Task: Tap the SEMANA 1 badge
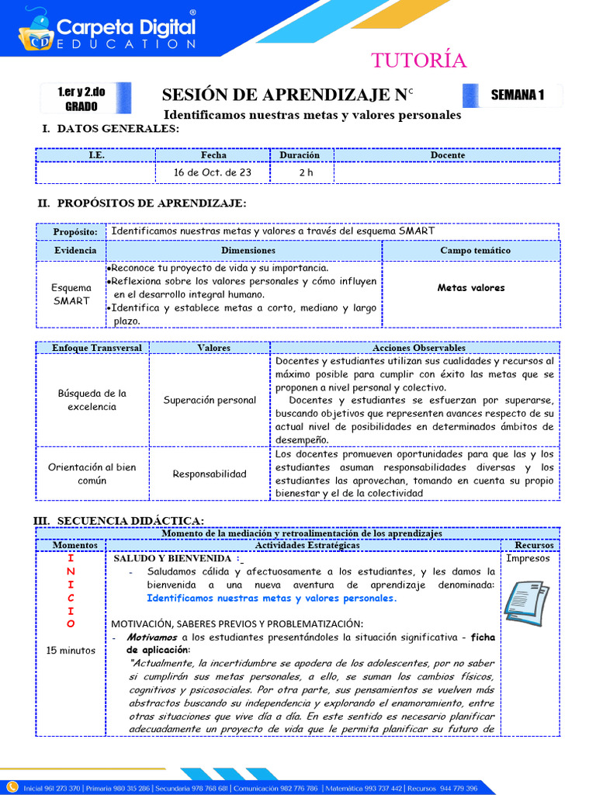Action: pos(517,95)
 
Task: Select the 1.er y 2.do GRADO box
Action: pos(81,99)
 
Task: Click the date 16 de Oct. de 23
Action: pos(213,172)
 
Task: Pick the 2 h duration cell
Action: pos(305,172)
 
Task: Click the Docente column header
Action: pos(447,155)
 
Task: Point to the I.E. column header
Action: pos(96,155)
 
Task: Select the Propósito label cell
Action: pos(75,232)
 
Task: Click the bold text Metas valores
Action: pos(470,288)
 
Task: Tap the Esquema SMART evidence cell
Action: pos(71,294)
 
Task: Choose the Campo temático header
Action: pos(470,251)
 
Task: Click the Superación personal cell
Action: pos(210,401)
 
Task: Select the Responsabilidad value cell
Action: pos(210,474)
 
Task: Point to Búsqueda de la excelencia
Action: pos(92,400)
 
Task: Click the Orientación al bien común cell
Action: pos(92,474)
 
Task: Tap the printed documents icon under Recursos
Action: pos(527,599)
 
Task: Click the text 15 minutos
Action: pos(71,651)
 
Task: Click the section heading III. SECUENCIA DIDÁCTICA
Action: pos(118,520)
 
